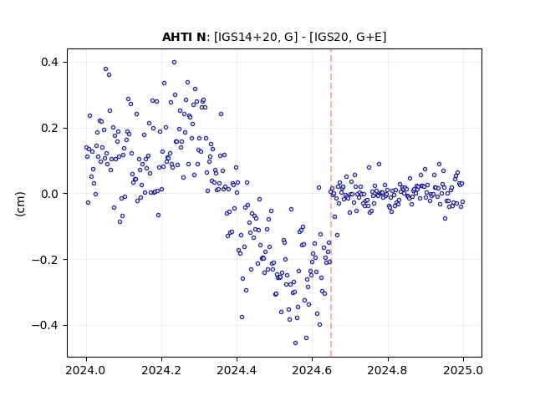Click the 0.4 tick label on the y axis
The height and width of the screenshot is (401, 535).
tap(49, 62)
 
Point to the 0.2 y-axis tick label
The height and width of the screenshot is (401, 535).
tap(49, 128)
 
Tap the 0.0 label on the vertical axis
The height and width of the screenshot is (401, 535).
tap(49, 194)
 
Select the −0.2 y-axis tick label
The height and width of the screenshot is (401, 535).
tap(45, 260)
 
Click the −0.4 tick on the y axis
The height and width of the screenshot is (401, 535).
tap(45, 325)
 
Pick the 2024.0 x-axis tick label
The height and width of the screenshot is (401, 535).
tap(86, 370)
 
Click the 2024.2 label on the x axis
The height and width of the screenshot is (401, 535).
tap(161, 370)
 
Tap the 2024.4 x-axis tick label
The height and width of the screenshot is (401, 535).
tap(237, 370)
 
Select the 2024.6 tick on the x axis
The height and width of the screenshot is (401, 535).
tap(312, 370)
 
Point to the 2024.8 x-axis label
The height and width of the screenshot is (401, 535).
tap(388, 370)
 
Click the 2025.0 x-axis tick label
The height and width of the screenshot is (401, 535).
tap(463, 370)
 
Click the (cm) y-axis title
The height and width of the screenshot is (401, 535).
tap(20, 204)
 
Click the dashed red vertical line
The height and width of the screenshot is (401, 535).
tap(331, 203)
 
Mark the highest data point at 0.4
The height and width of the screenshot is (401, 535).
tap(174, 63)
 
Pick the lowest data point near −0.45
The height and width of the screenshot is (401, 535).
tap(295, 343)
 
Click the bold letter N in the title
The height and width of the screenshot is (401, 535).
tap(201, 37)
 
